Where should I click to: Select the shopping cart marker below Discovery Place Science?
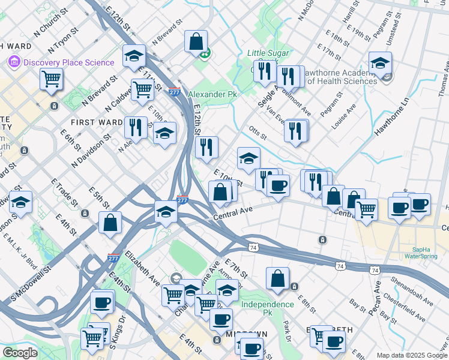[x=52, y=78]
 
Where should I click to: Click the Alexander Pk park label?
[x=212, y=95]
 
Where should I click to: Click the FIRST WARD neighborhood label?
[x=98, y=122]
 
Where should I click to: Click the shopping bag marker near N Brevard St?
[x=196, y=41]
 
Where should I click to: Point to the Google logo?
[x=20, y=353]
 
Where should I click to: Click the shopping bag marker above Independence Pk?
[x=278, y=278]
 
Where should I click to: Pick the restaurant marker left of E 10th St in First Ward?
[x=135, y=127]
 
